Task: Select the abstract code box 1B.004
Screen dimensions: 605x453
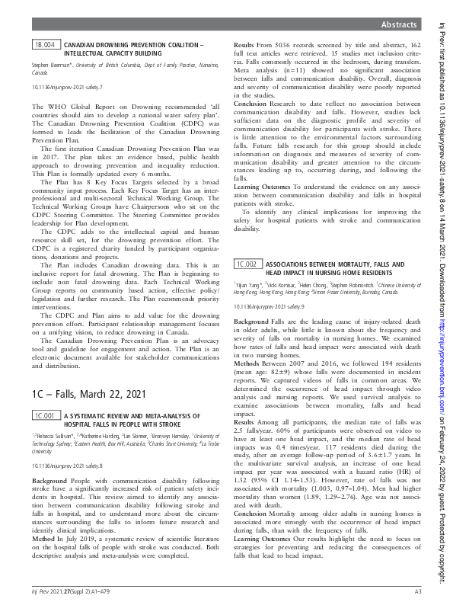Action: click(x=45, y=46)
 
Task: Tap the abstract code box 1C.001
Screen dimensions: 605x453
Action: click(x=45, y=415)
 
